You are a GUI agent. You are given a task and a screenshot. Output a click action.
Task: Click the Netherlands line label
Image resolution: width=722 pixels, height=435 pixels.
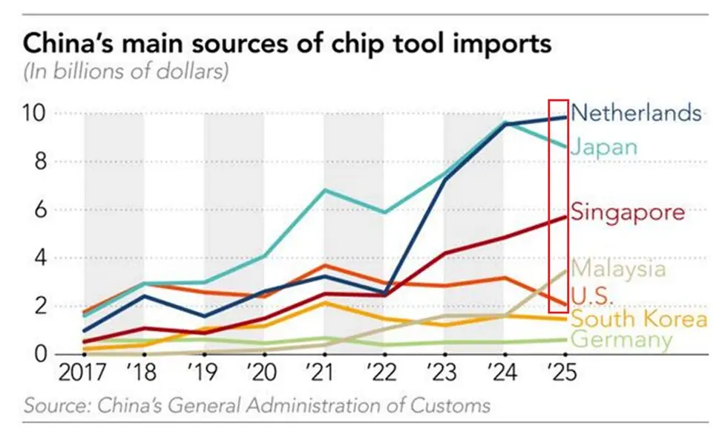[x=637, y=113]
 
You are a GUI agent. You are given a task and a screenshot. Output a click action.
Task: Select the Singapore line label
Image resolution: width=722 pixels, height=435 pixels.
[x=628, y=212]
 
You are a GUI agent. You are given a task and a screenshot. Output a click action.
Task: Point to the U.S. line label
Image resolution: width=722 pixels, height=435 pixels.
[x=593, y=295]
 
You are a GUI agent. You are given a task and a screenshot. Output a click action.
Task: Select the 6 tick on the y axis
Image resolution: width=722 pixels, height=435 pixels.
[x=42, y=210]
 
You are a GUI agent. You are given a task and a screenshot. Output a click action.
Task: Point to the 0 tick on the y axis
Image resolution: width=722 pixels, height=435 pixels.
[x=42, y=354]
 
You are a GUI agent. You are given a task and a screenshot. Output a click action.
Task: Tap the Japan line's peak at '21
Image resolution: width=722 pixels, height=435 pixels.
[x=323, y=190]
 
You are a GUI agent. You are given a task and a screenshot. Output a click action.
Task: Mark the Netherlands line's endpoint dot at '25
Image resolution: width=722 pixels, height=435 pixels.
[x=565, y=117]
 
